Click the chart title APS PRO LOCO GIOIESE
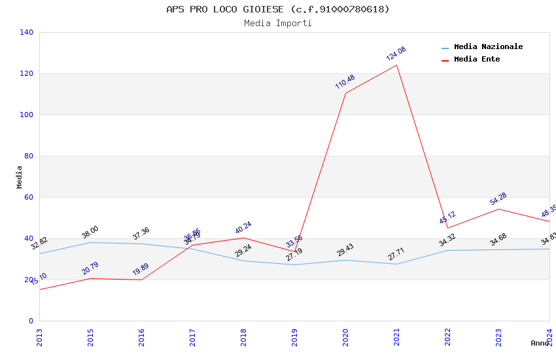click(277, 9)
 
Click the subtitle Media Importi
click(277, 24)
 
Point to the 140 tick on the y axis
click(26, 32)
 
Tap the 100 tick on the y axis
click(26, 115)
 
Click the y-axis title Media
click(19, 177)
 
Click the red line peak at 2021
click(396, 65)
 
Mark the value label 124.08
click(396, 54)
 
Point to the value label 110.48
click(345, 82)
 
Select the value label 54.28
click(498, 199)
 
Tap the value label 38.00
click(90, 232)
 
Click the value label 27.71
click(396, 254)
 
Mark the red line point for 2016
click(141, 280)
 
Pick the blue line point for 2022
click(447, 250)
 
